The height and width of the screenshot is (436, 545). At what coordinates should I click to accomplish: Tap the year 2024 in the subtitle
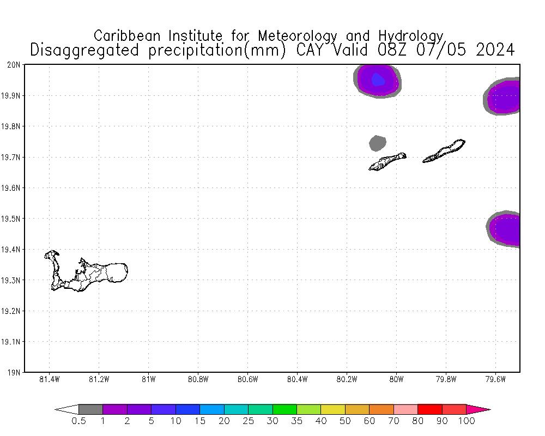[495, 50]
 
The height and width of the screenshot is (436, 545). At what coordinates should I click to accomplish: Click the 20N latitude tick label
[14, 65]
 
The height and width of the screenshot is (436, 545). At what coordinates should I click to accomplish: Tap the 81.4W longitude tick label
[50, 379]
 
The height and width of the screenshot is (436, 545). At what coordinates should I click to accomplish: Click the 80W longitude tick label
[396, 379]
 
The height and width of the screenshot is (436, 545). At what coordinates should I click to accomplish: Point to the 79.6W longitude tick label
[495, 379]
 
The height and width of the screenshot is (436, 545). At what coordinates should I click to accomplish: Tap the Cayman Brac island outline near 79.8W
[444, 151]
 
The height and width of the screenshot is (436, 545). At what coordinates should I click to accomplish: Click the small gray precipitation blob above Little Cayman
[377, 143]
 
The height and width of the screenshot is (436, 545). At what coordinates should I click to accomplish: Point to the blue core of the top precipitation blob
[378, 81]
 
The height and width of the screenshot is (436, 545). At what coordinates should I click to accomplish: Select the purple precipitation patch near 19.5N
[506, 229]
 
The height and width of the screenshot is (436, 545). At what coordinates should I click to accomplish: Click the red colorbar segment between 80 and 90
[429, 409]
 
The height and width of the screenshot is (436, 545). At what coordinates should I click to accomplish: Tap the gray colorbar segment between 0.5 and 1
[90, 409]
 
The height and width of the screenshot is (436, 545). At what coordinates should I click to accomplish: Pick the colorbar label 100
[467, 421]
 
